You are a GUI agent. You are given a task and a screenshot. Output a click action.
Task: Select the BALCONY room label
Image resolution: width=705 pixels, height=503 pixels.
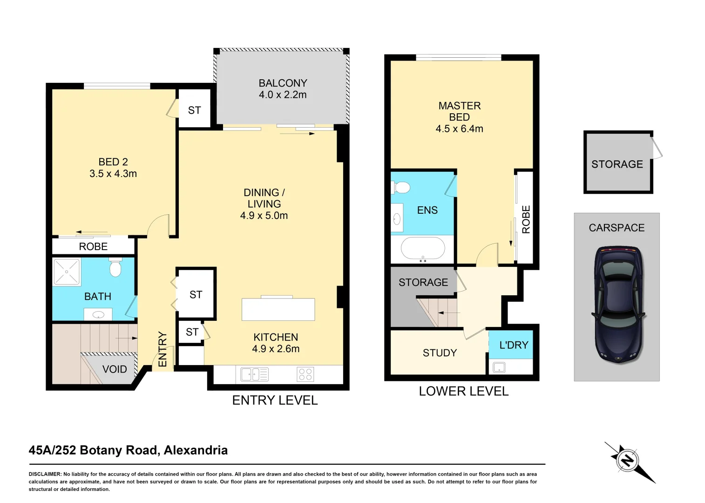point(283,83)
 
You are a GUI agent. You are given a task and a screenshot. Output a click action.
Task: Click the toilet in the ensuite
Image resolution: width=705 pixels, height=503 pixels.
point(401,187)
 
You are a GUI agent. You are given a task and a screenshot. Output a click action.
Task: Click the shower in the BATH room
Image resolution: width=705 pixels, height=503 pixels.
point(67,272)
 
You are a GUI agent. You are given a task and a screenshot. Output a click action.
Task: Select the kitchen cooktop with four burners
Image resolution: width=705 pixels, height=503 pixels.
point(305,374)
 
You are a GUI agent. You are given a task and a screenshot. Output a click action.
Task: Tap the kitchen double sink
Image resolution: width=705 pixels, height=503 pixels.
point(254,374)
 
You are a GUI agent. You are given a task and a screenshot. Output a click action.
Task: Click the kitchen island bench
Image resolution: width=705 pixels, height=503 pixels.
point(278,309)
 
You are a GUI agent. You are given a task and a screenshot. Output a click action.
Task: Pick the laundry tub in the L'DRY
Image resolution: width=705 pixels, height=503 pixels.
point(499,367)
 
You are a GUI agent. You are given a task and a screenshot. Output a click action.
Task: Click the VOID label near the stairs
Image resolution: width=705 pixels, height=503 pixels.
point(115,369)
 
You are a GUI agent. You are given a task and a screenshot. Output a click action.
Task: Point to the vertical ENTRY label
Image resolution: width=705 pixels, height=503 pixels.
point(162,349)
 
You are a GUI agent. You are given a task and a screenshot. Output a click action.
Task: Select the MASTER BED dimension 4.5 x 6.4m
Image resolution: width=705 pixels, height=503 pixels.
point(459,129)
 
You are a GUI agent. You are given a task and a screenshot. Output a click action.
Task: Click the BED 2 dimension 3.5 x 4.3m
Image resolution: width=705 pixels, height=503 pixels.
point(113,174)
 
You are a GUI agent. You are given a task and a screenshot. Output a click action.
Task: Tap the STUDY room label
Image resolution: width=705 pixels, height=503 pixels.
point(440,353)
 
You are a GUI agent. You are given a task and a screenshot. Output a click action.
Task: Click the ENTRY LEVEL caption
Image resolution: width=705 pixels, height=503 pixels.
point(275,401)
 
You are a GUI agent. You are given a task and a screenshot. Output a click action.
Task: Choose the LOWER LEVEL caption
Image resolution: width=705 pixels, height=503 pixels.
point(463,391)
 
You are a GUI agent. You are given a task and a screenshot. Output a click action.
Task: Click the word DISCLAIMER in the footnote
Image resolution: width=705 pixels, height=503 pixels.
point(45,474)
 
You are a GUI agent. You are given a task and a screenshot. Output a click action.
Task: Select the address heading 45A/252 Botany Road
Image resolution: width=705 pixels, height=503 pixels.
point(128,450)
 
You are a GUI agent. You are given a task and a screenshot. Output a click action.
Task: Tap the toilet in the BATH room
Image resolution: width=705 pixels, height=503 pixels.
point(115,268)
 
